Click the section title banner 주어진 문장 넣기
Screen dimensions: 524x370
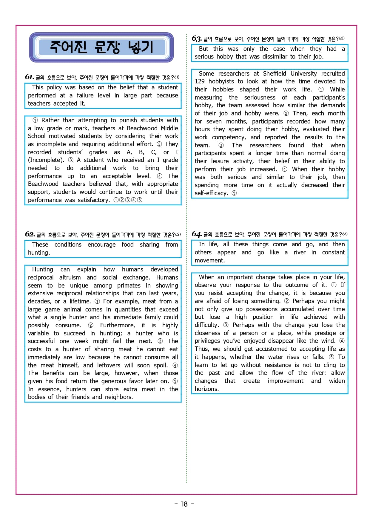click(101, 47)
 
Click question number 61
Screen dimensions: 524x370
click(29, 77)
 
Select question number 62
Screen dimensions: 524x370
click(30, 234)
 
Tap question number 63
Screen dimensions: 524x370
click(197, 39)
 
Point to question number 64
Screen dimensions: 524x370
click(197, 234)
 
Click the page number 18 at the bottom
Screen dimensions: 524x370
click(184, 504)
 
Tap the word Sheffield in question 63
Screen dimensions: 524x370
click(274, 74)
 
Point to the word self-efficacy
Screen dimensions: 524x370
click(211, 193)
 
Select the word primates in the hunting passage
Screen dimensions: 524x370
click(129, 285)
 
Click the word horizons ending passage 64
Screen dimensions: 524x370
click(206, 389)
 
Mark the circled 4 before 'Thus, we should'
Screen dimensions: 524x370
click(342, 341)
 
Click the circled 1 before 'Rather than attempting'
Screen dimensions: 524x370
click(35, 120)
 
